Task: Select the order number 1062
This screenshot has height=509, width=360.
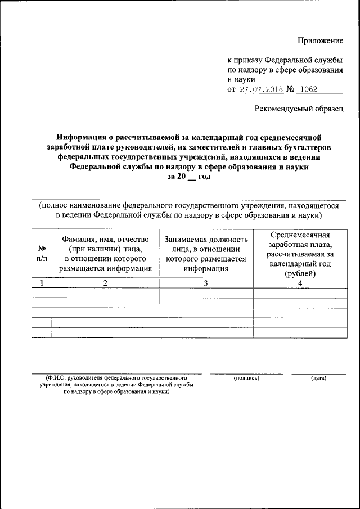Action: [309, 90]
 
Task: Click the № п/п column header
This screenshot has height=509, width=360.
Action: [42, 253]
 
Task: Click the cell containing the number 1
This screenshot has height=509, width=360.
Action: [42, 283]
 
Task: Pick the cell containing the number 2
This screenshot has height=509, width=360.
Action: [105, 283]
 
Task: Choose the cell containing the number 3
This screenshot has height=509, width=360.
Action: [206, 283]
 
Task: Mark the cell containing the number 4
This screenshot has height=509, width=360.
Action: [300, 283]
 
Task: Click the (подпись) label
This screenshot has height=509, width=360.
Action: [246, 377]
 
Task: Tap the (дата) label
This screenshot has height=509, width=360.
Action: [318, 377]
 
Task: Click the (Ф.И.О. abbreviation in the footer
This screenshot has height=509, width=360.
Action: [58, 377]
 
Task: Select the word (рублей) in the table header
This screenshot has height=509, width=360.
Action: [300, 274]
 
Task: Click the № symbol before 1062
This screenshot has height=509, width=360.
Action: [291, 90]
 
